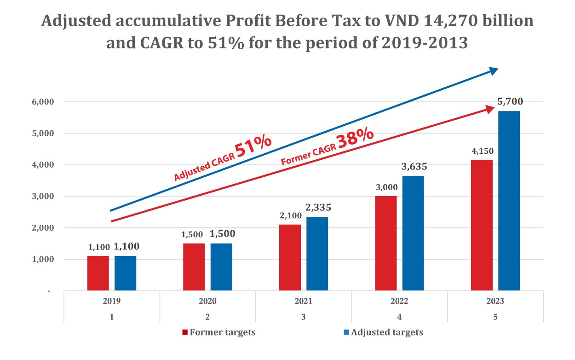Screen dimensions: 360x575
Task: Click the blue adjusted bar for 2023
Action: point(509,201)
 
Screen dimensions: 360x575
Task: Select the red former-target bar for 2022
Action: point(385,243)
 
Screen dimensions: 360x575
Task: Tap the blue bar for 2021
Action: point(317,254)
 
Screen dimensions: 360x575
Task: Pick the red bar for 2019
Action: point(98,273)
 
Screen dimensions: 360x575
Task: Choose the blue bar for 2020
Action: point(221,267)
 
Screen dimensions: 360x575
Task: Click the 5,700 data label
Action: point(510,102)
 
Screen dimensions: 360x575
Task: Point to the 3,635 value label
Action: point(414,167)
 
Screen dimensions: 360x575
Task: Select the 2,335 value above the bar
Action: point(317,208)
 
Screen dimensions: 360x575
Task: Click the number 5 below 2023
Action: point(495,317)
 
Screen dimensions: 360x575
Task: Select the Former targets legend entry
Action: point(219,332)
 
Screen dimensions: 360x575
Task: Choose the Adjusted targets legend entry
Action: point(383,332)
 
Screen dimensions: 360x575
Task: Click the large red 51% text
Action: point(253,146)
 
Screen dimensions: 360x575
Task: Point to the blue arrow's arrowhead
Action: point(493,71)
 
